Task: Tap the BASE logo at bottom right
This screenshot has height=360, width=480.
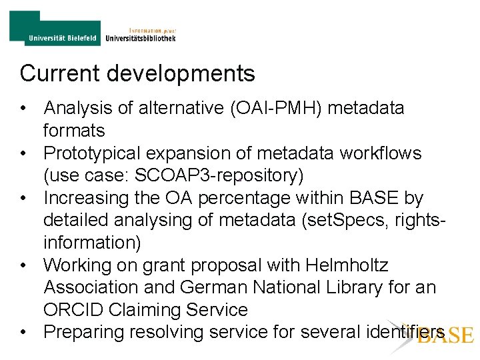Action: pos(445,334)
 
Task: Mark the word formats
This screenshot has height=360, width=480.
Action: pos(75,131)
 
